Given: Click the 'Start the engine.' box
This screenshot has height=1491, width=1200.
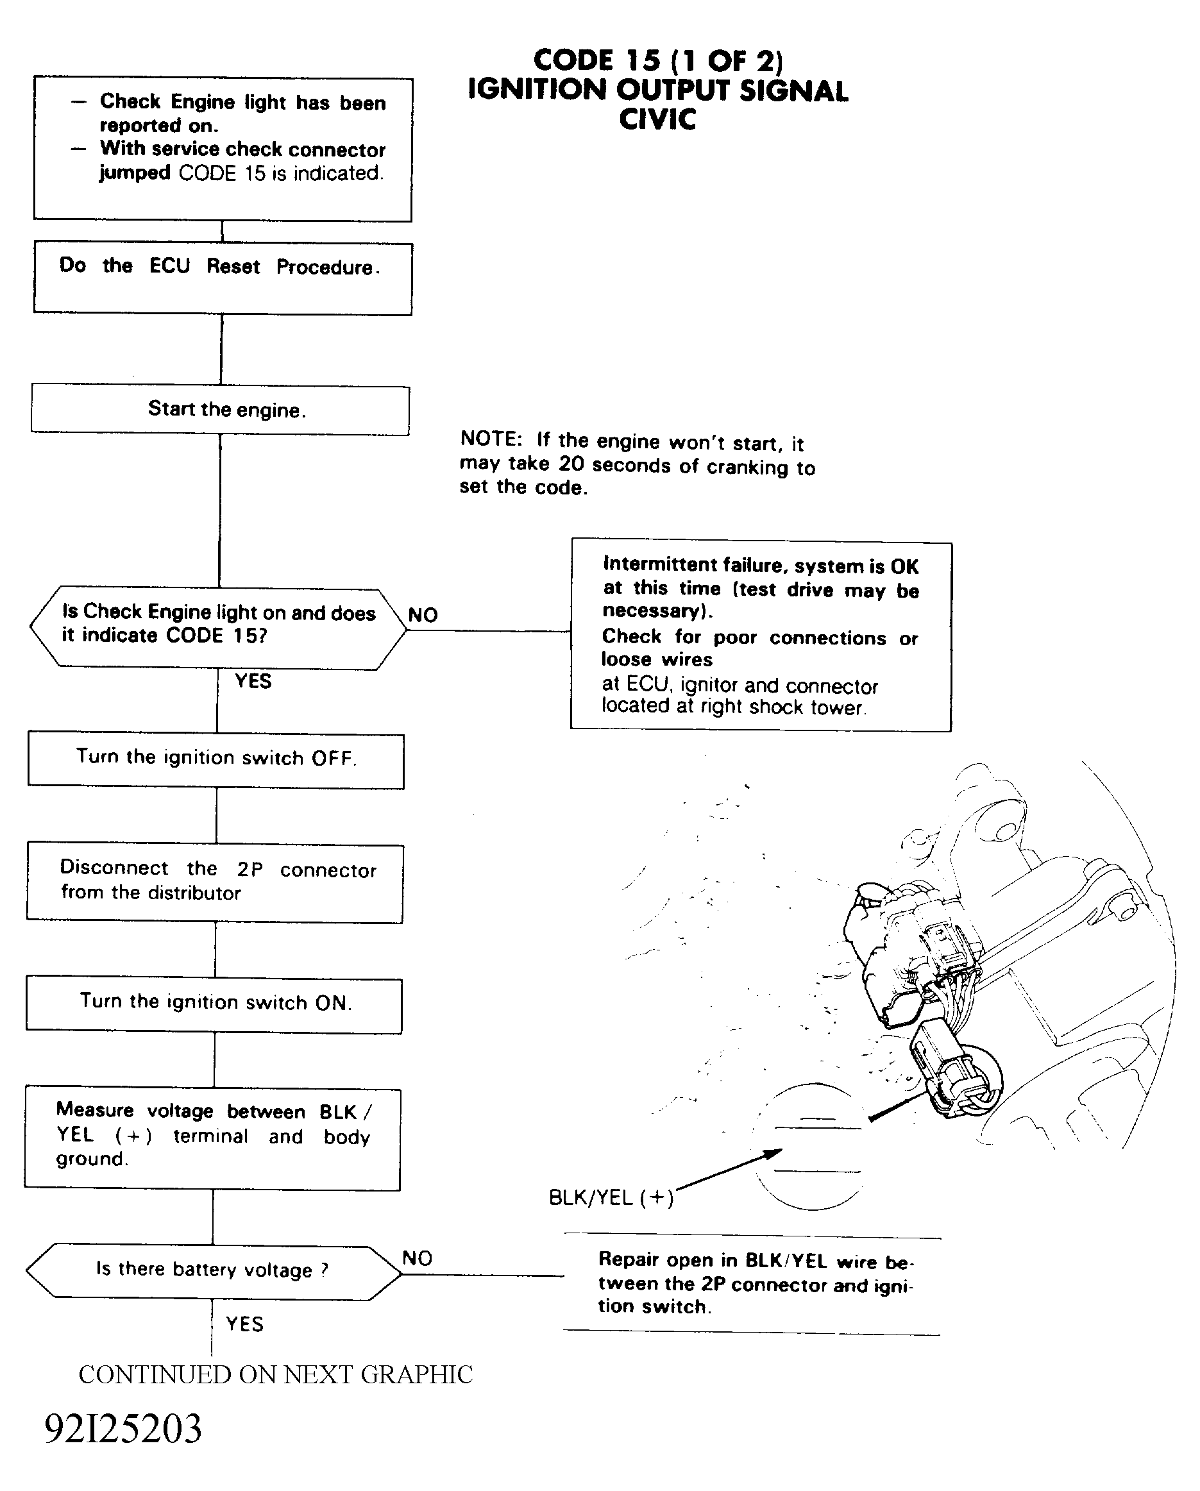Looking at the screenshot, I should tap(220, 410).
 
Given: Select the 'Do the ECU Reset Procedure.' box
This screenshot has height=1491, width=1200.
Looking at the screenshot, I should tap(222, 278).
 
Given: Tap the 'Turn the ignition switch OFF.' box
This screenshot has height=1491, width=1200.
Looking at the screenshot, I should tap(215, 761).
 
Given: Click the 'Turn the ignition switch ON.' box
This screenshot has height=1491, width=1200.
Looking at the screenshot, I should tap(214, 1006).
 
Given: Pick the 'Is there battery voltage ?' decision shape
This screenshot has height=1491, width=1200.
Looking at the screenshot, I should tap(213, 1272).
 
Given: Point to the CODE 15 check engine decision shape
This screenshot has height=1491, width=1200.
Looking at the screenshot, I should tap(218, 628).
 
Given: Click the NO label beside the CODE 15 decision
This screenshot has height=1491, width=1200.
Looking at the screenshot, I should tap(423, 615).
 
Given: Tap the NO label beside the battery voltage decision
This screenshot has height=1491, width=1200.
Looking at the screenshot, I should tap(417, 1258).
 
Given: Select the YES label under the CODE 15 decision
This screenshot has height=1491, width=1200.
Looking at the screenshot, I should tap(253, 681).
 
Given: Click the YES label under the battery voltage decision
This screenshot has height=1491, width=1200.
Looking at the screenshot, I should tap(245, 1324).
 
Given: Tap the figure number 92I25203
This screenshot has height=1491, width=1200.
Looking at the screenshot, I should tap(123, 1429).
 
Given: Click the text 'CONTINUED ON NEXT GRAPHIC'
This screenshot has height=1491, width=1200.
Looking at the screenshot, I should tap(275, 1375).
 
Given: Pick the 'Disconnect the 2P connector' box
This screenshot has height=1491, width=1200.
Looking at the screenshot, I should tap(215, 883).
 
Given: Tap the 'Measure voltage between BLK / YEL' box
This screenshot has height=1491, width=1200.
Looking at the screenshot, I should tap(212, 1140).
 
